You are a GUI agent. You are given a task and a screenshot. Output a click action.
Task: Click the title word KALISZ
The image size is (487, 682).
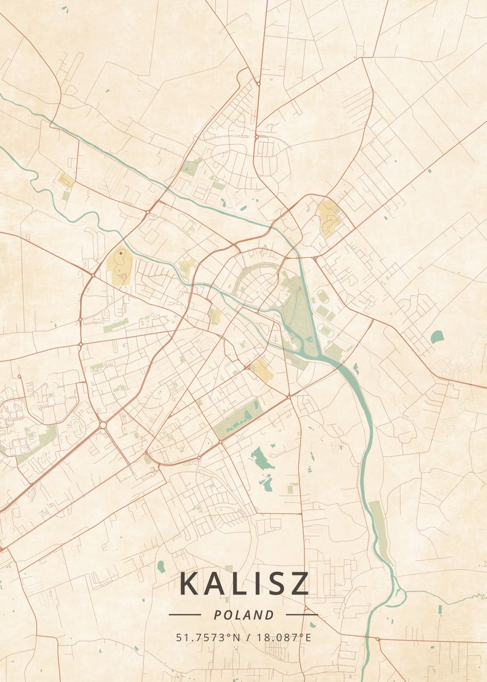(244, 583)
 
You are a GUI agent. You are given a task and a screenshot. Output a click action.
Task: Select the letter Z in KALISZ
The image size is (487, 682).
(299, 583)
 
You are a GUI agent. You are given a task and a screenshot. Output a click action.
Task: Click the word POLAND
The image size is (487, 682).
(244, 615)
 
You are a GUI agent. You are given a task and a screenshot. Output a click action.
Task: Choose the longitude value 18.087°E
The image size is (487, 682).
(283, 637)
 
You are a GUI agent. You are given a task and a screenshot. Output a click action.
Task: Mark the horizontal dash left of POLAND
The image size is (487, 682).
(185, 614)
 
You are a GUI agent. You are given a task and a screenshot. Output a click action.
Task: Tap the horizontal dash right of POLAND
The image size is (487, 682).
(302, 614)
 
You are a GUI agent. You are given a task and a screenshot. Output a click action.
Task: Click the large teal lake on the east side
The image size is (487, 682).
(437, 336)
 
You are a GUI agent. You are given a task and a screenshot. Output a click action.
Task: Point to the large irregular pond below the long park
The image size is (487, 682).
(262, 459)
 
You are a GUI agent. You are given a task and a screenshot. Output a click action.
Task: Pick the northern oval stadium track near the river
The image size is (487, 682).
(323, 296)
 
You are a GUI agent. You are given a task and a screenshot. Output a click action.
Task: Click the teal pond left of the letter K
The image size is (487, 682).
(161, 566)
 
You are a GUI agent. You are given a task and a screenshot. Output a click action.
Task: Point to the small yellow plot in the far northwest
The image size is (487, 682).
(65, 181)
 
